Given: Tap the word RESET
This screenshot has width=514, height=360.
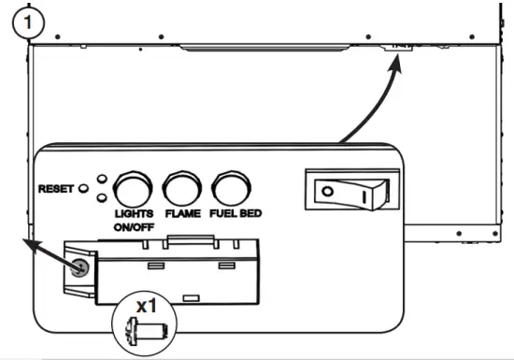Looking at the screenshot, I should pyautogui.click(x=56, y=188).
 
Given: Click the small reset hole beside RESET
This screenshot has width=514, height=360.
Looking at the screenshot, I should pyautogui.click(x=84, y=188).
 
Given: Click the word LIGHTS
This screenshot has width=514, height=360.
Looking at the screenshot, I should pyautogui.click(x=134, y=214).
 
